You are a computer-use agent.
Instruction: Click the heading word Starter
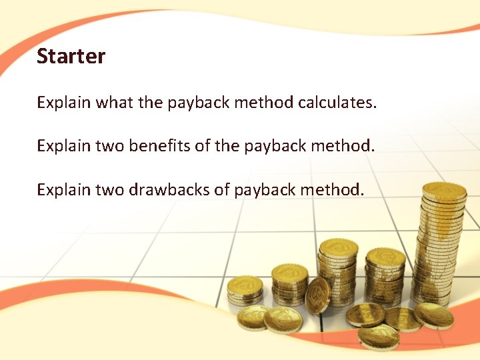click(x=71, y=56)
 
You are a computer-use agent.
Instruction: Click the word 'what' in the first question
click(x=115, y=103)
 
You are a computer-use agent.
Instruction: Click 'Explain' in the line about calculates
click(x=64, y=103)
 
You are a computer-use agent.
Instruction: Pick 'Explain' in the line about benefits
click(x=64, y=146)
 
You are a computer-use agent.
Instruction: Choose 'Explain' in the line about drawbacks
click(x=64, y=190)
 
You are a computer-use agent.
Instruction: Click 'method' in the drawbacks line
click(x=332, y=190)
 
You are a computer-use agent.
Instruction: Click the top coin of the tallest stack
click(x=444, y=191)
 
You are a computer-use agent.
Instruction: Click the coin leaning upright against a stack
click(x=317, y=294)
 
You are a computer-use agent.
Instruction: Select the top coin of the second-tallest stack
click(x=338, y=247)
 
